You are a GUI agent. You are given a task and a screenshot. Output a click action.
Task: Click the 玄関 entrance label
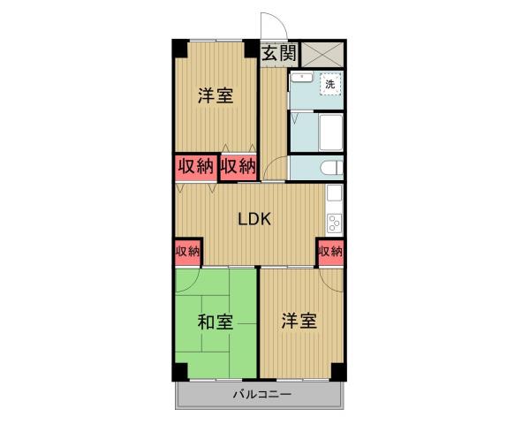click(278, 53)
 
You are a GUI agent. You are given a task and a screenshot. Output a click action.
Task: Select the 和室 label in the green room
click(215, 322)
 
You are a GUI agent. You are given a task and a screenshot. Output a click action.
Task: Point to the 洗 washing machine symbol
click(329, 84)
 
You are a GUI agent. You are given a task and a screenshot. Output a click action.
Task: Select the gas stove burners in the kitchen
click(335, 221)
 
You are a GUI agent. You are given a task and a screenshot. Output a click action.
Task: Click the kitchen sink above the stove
click(335, 193)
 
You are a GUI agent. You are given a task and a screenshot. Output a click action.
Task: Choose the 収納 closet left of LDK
click(187, 252)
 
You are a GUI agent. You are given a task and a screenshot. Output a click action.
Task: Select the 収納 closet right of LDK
click(331, 252)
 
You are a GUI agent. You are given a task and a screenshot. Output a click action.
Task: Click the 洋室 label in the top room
click(216, 95)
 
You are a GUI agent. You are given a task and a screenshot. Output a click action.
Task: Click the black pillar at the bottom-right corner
click(340, 369)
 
